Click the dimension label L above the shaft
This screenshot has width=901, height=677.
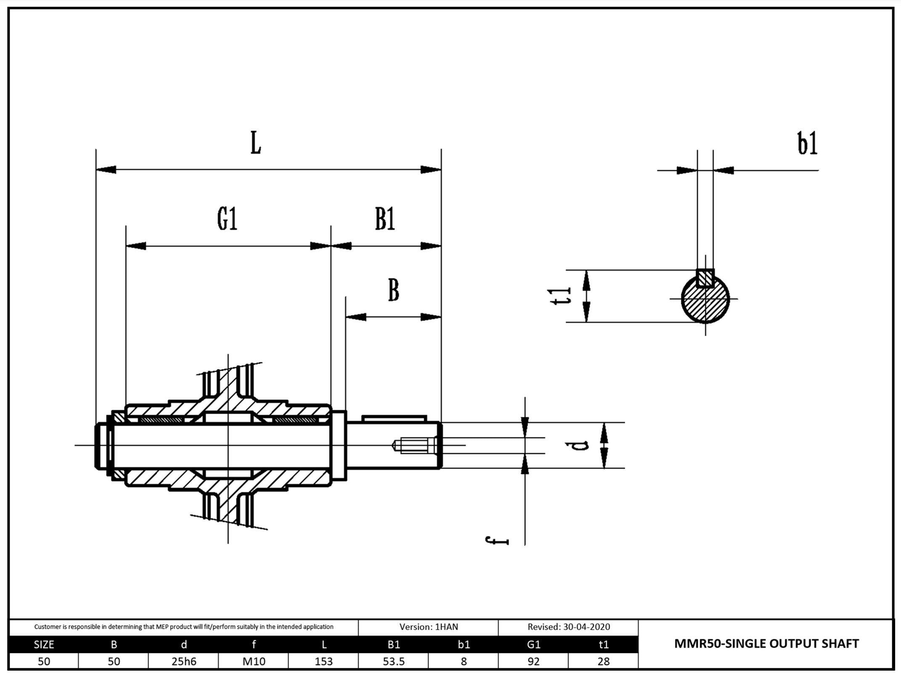click(x=256, y=143)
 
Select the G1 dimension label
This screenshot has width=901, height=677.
click(x=227, y=219)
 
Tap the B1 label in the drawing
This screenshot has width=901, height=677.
click(x=385, y=219)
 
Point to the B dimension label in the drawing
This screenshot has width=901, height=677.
click(x=393, y=290)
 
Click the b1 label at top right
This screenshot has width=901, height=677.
click(x=807, y=143)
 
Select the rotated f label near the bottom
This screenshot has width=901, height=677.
click(x=498, y=541)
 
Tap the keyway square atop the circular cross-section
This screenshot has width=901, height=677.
click(x=705, y=278)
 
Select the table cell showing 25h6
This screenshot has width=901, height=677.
click(x=184, y=661)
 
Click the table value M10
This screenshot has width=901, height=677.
click(x=254, y=661)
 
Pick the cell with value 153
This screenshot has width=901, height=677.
click(x=323, y=661)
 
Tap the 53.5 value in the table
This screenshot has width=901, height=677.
click(x=393, y=661)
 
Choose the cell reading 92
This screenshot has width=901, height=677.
click(x=533, y=661)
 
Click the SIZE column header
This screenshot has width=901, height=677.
click(x=44, y=644)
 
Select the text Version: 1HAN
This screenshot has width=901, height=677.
click(x=428, y=627)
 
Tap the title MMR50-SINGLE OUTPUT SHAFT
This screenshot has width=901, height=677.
click(x=766, y=644)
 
